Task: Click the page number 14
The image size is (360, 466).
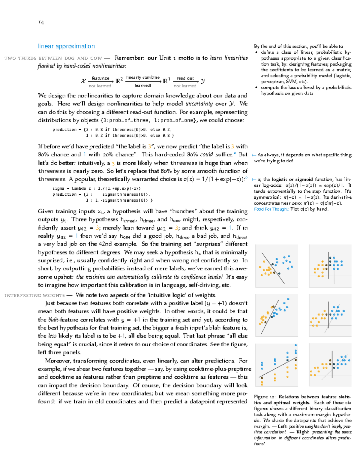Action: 41,22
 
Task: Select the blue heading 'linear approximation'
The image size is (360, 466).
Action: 66,46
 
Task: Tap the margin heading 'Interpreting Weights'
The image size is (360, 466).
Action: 34,296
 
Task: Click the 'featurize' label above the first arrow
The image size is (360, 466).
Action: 100,78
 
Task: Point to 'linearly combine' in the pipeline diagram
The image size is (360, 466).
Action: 143,77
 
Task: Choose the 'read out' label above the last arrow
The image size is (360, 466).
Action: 185,78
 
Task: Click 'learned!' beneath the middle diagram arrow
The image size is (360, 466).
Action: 143,86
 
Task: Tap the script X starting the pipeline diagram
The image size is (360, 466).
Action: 83,81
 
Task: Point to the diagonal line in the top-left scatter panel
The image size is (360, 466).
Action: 273,268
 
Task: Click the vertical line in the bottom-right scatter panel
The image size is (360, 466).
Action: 332,365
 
